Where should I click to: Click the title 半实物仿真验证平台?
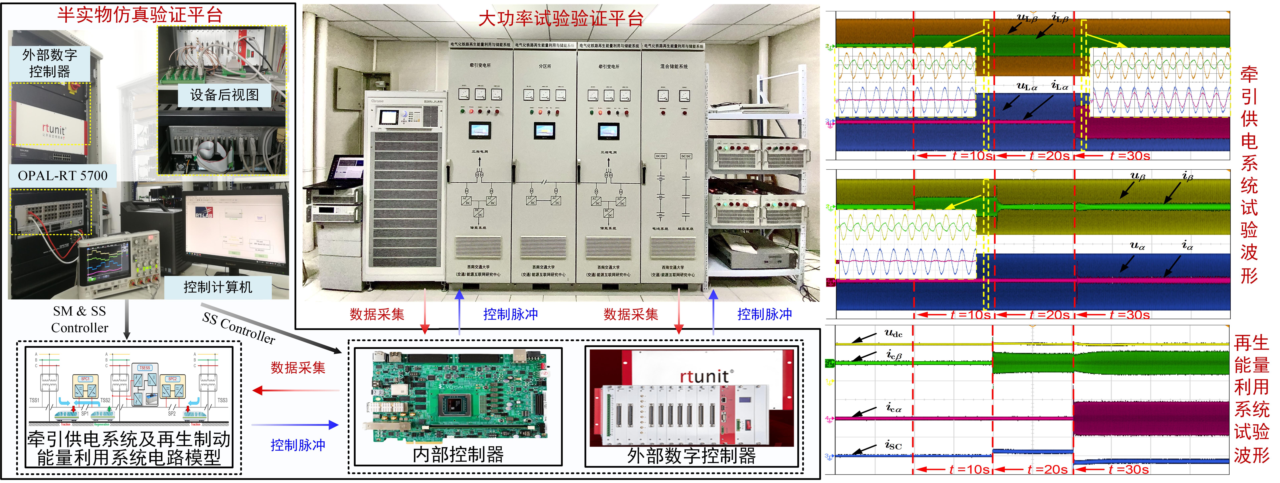(140, 15)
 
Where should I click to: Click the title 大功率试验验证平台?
(560, 19)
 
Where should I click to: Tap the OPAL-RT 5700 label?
(63, 176)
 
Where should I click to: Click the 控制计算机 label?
(218, 287)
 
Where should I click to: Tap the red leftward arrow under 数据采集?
(296, 390)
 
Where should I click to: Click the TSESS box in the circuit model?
(145, 368)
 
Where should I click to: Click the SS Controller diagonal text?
(239, 328)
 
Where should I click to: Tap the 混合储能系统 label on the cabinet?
(674, 67)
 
